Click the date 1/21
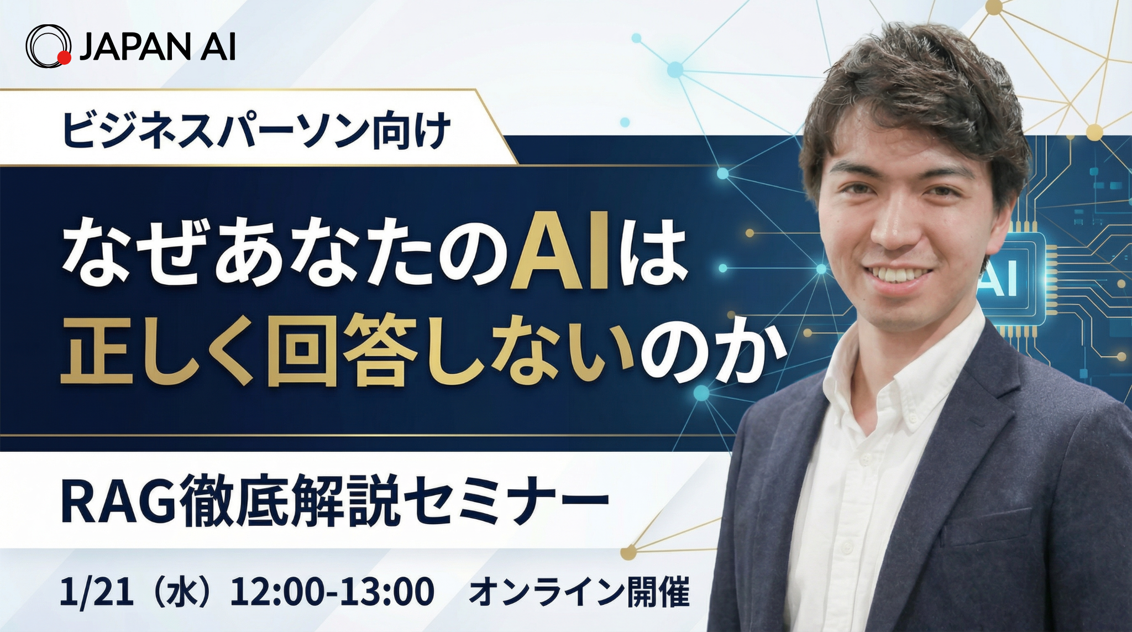[96, 592]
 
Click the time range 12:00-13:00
[332, 592]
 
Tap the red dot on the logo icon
[64, 58]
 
